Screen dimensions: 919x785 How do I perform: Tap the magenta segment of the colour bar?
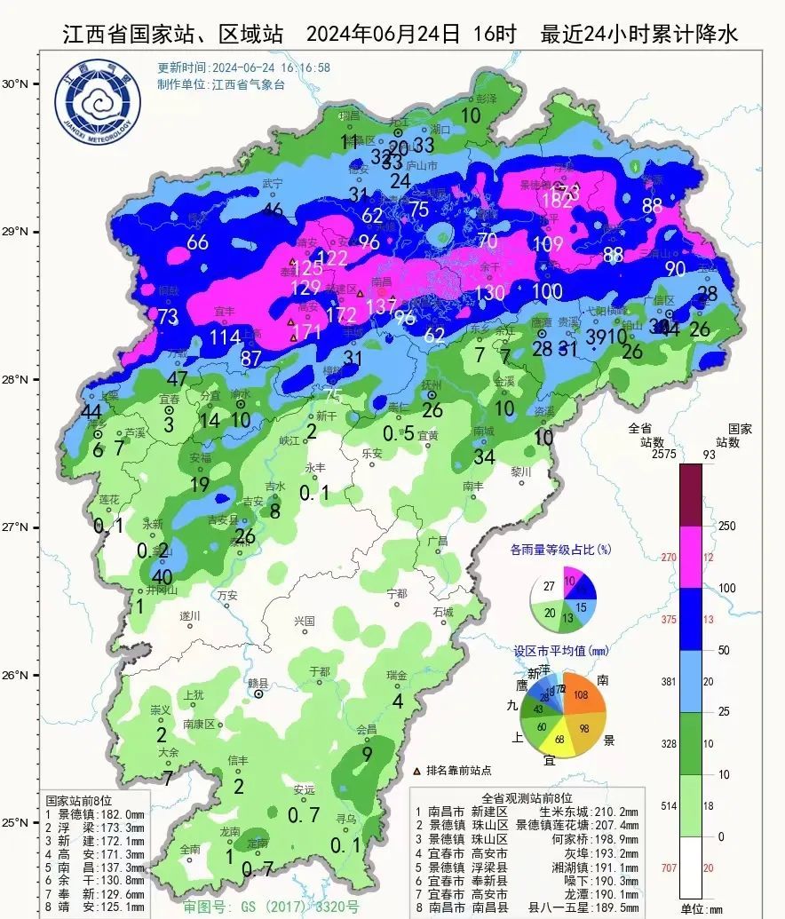[x=691, y=557]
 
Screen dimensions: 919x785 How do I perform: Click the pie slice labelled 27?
[x=548, y=587]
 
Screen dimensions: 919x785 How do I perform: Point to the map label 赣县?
[x=258, y=683]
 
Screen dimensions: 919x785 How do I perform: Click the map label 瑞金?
[x=397, y=675]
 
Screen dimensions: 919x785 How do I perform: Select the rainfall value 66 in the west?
[x=197, y=242]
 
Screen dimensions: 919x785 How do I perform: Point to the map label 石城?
[x=442, y=612]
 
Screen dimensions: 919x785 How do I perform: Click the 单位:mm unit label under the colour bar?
[x=701, y=908]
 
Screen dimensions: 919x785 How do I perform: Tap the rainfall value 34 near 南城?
[x=484, y=457]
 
